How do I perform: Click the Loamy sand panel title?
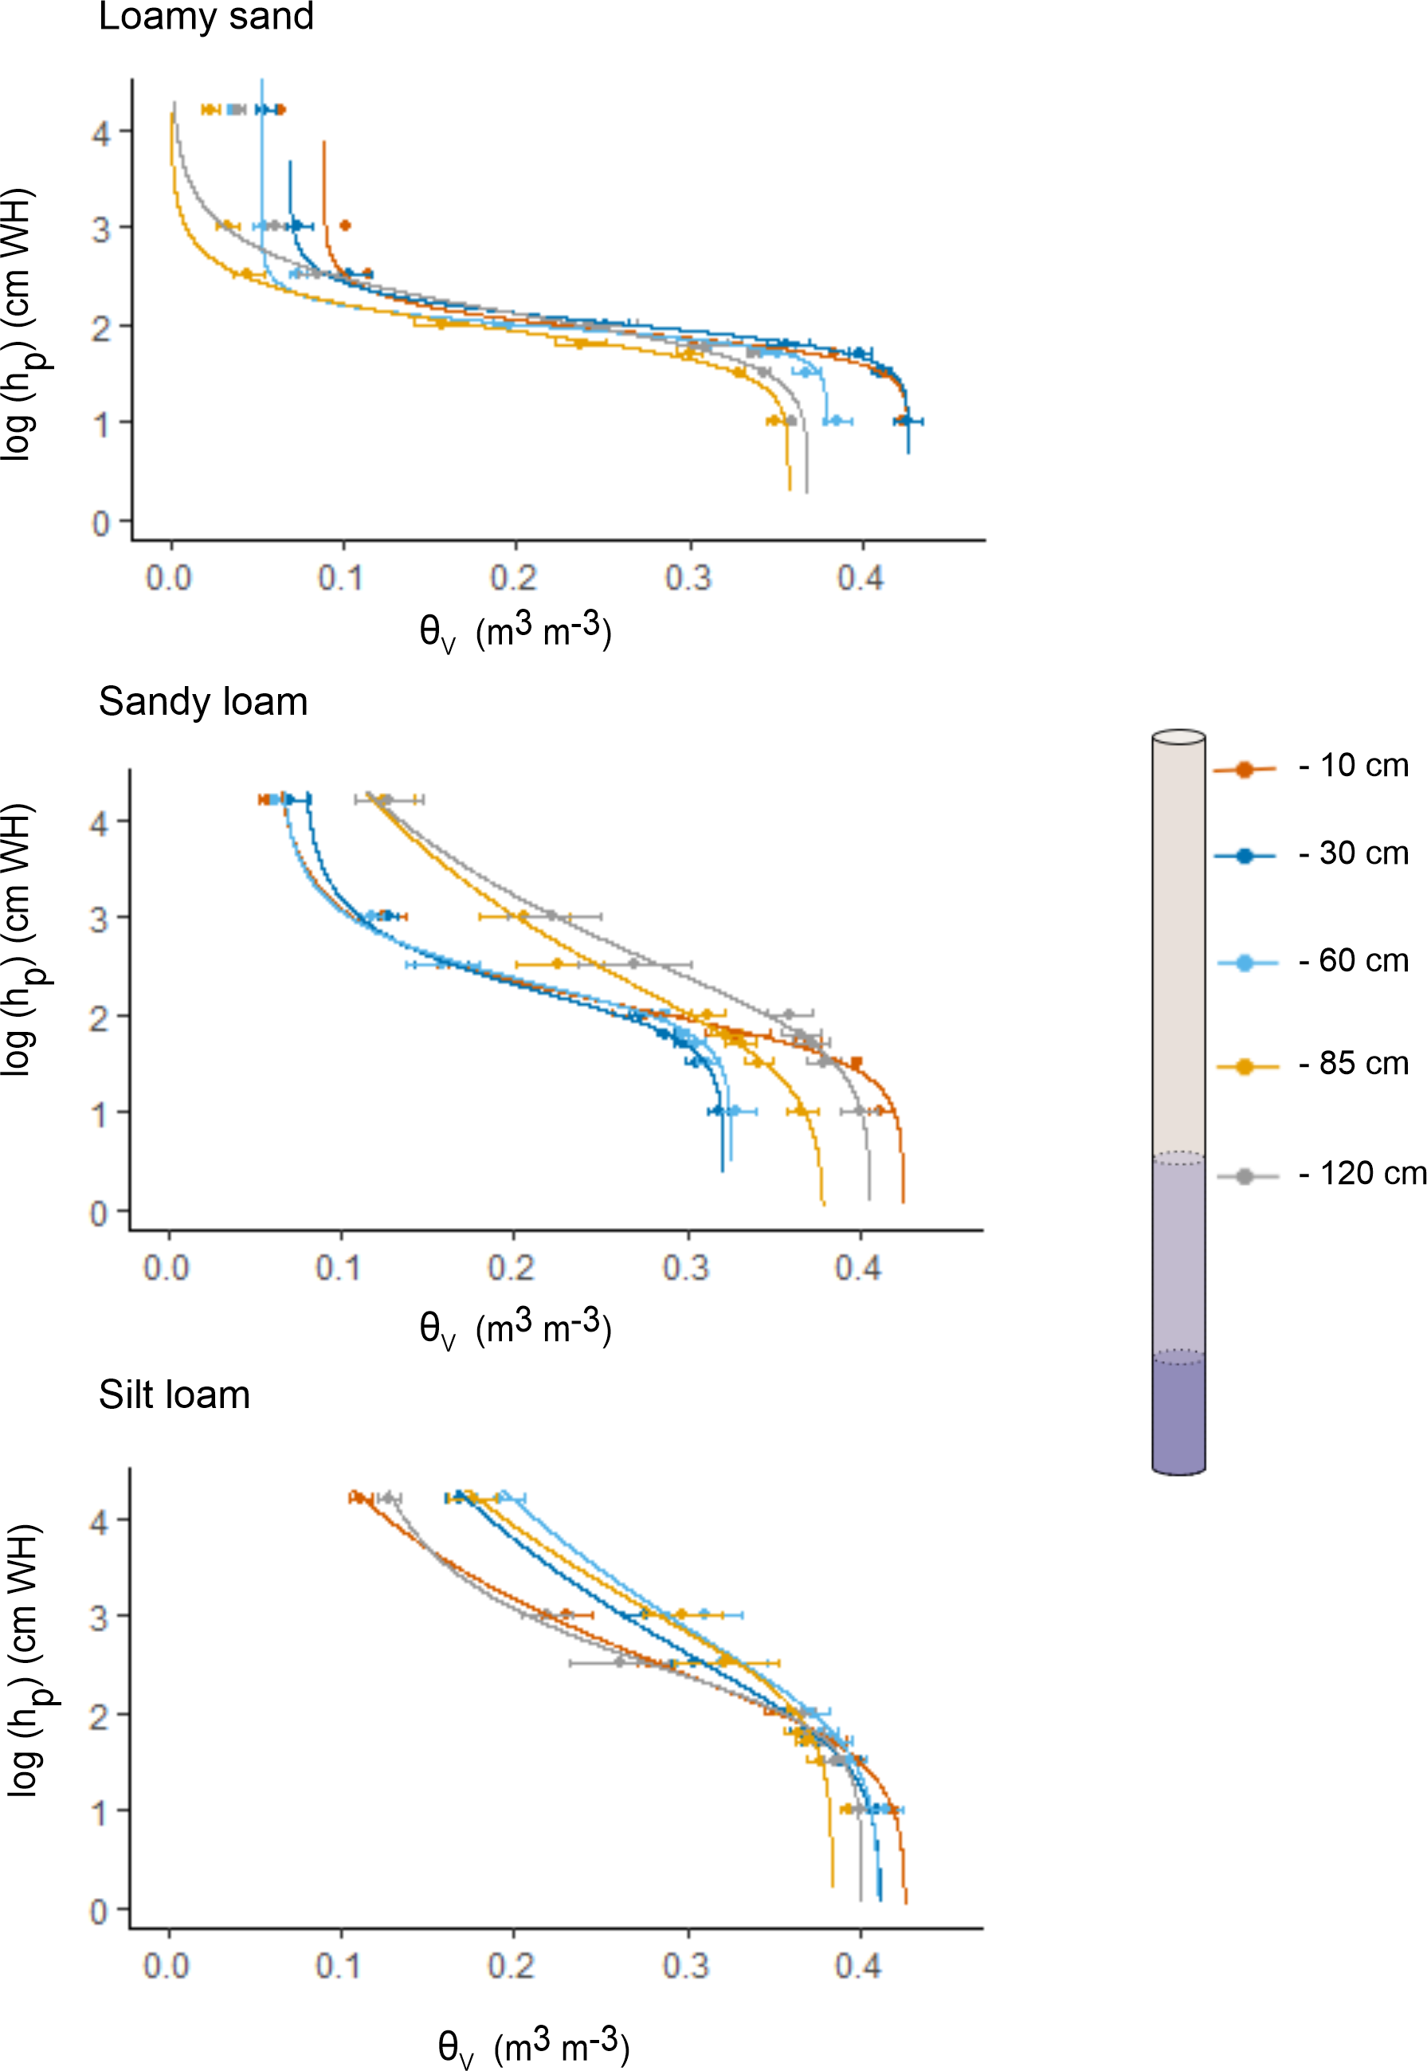point(206,17)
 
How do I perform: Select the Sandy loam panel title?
point(203,702)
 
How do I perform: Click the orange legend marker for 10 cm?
point(1244,769)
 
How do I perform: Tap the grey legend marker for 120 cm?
point(1244,1177)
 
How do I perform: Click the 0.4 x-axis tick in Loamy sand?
point(861,579)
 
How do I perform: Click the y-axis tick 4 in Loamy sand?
point(101,134)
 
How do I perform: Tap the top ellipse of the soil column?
point(1178,737)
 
